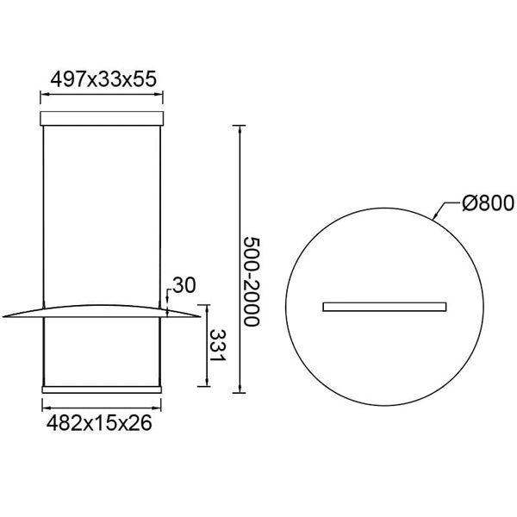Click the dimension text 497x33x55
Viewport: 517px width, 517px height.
[x=102, y=78]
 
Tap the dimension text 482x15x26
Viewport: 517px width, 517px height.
[x=101, y=424]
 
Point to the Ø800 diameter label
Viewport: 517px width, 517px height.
[x=487, y=203]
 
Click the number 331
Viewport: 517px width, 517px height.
[x=219, y=346]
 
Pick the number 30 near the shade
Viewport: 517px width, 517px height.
[x=184, y=284]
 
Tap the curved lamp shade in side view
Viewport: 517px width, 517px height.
[x=102, y=309]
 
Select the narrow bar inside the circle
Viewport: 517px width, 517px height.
[x=384, y=306]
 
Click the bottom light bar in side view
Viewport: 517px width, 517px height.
[x=102, y=389]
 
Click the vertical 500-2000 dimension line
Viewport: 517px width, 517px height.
[x=237, y=258]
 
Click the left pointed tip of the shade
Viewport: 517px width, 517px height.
[x=4, y=316]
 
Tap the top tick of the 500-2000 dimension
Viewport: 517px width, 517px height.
[x=237, y=126]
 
